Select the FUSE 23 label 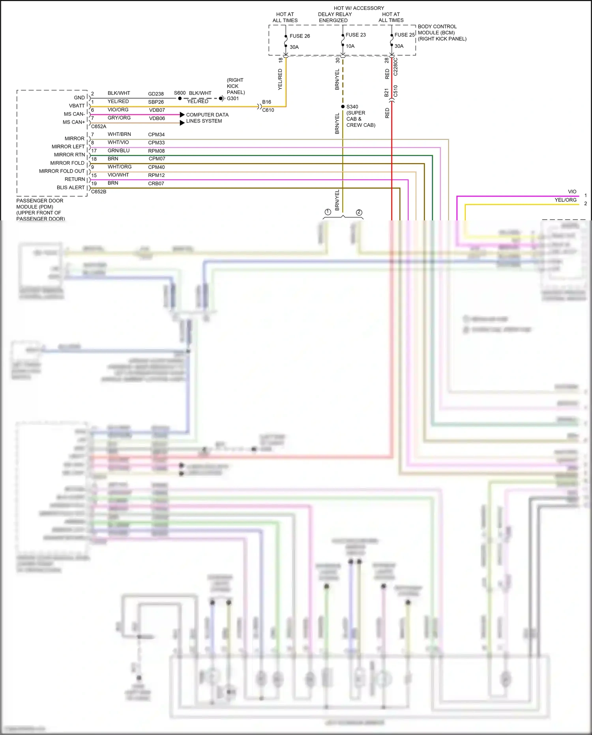355,35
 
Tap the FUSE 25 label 404,35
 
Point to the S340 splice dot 343,107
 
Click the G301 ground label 232,98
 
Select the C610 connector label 268,110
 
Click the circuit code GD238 156,94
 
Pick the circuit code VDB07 157,110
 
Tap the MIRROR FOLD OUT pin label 62,171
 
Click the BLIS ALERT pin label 71,188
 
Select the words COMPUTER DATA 207,115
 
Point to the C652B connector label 99,192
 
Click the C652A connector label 99,126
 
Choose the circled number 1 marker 328,212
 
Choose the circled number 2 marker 359,212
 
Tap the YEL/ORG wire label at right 566,200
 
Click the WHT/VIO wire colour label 118,142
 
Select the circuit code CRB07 156,184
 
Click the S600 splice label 180,93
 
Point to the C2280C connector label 395,67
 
